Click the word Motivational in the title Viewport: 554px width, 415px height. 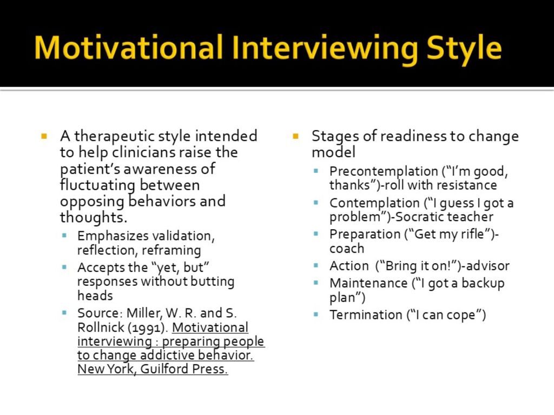click(129, 48)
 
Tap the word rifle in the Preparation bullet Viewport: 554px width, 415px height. click(472, 234)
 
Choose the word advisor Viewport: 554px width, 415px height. click(488, 266)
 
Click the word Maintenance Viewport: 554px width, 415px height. click(368, 283)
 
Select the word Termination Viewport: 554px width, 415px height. click(366, 315)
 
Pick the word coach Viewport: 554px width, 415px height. click(347, 249)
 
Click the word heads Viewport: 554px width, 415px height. click(95, 296)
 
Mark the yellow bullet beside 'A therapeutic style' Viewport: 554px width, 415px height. click(44, 136)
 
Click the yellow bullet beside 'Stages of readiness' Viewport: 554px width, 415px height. click(296, 136)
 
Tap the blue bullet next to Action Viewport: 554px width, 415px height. click(316, 265)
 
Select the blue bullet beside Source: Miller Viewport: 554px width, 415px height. click(64, 312)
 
